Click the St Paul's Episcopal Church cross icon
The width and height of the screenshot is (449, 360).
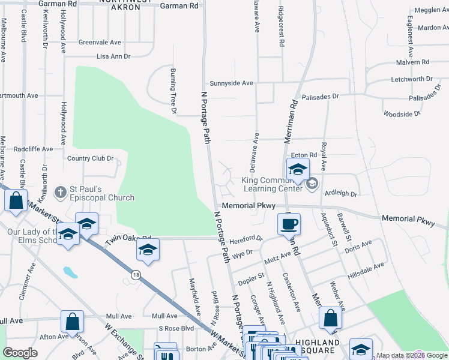59,192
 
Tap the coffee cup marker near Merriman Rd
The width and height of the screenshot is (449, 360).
289,224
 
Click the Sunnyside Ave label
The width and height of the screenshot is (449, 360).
231,83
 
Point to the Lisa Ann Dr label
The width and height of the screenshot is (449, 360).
113,56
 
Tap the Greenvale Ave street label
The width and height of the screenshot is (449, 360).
100,43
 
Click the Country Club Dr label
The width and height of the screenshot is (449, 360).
90,158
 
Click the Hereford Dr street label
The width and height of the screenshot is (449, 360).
246,238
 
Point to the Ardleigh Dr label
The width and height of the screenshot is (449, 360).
340,194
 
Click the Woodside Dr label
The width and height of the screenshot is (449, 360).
402,113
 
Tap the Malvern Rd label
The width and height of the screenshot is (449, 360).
412,62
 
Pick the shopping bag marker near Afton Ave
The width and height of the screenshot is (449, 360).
72,322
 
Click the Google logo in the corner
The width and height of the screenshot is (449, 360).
20,353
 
